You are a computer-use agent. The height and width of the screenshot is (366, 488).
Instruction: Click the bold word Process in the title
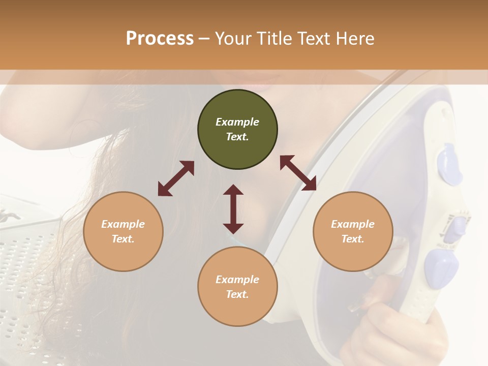tap(160, 39)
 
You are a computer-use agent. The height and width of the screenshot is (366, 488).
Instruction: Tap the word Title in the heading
tap(271, 39)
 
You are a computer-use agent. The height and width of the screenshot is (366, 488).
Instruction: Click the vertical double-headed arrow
tap(233, 209)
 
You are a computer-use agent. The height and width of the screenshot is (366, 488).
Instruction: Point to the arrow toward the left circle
tap(176, 178)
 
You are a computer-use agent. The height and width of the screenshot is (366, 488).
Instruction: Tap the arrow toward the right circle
tap(298, 173)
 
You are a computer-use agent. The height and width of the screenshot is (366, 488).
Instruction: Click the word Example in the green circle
tap(237, 122)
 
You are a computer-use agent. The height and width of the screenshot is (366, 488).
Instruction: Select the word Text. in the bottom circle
tap(237, 294)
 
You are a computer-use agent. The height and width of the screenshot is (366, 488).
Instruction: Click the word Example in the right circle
tap(353, 224)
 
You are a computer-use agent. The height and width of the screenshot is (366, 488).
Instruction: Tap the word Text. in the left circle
tap(123, 239)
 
